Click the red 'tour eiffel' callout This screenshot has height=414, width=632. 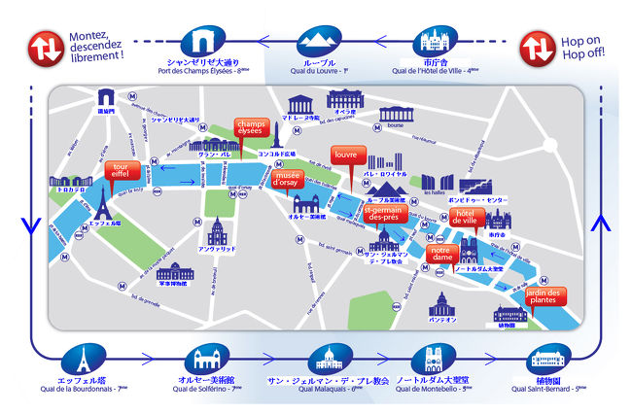pos(123,172)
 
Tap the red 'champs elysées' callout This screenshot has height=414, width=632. pos(250,128)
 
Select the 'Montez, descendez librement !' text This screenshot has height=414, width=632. pos(96,45)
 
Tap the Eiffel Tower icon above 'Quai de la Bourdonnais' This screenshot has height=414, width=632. pos(87,357)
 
